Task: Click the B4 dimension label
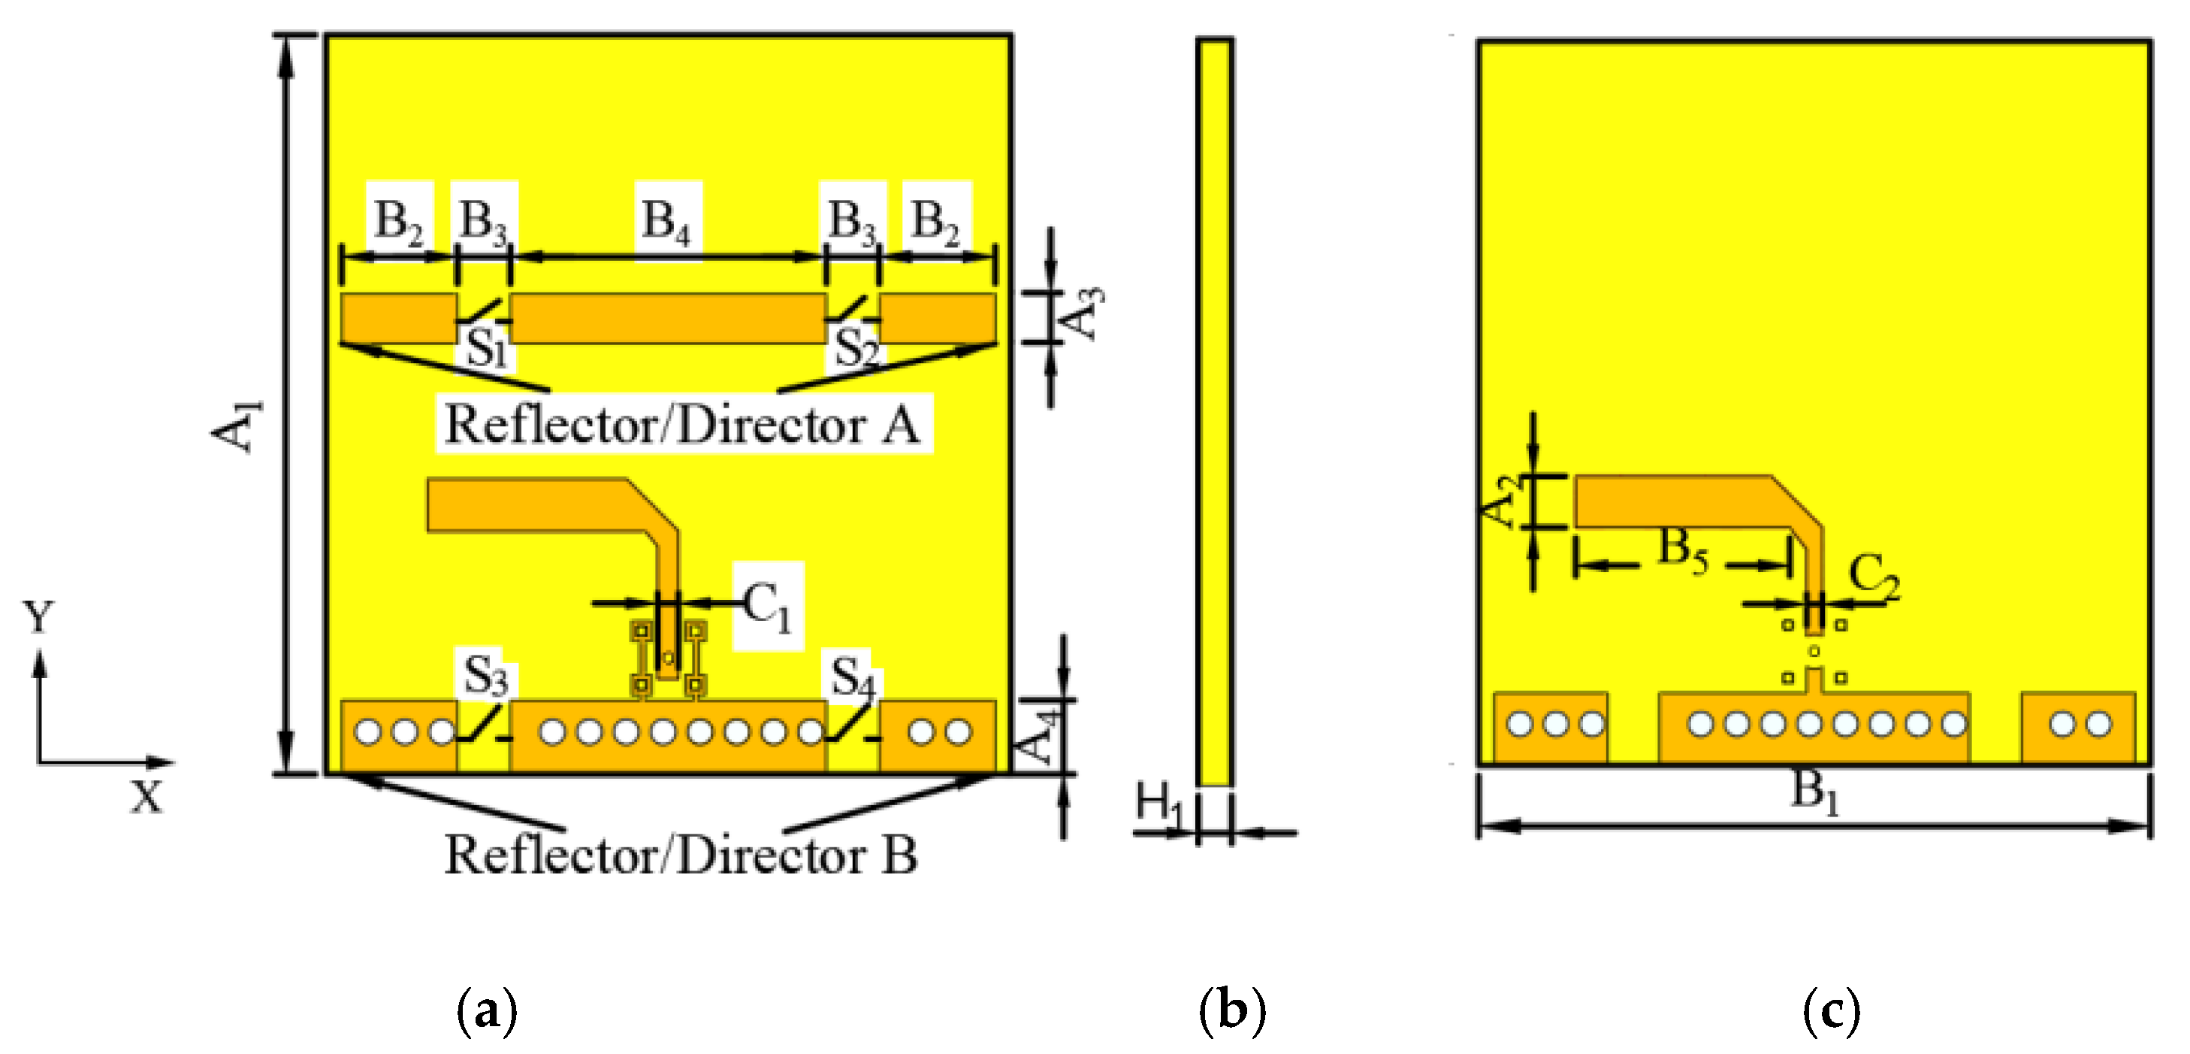[667, 221]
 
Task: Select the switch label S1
[487, 348]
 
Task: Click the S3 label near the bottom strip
[486, 677]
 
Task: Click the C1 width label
[767, 606]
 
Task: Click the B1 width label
[1815, 792]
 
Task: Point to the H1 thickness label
[1158, 804]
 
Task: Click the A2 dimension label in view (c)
[1503, 502]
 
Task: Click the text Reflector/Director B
[681, 855]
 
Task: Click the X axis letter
[147, 798]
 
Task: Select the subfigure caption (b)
[1232, 1011]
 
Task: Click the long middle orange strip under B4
[667, 319]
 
